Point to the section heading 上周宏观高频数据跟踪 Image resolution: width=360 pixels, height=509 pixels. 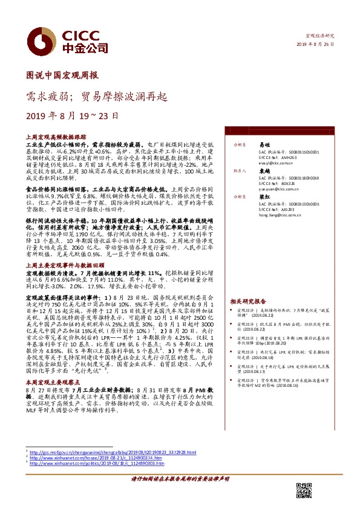(x=53, y=138)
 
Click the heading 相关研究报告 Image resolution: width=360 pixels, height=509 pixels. (x=248, y=300)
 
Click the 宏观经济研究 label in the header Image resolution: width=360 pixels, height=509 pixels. (x=320, y=37)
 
